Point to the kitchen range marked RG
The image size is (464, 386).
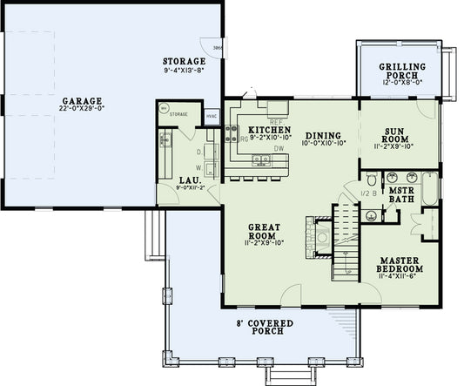(232, 133)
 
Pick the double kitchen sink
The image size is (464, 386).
(259, 159)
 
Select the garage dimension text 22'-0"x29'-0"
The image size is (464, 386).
(82, 110)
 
